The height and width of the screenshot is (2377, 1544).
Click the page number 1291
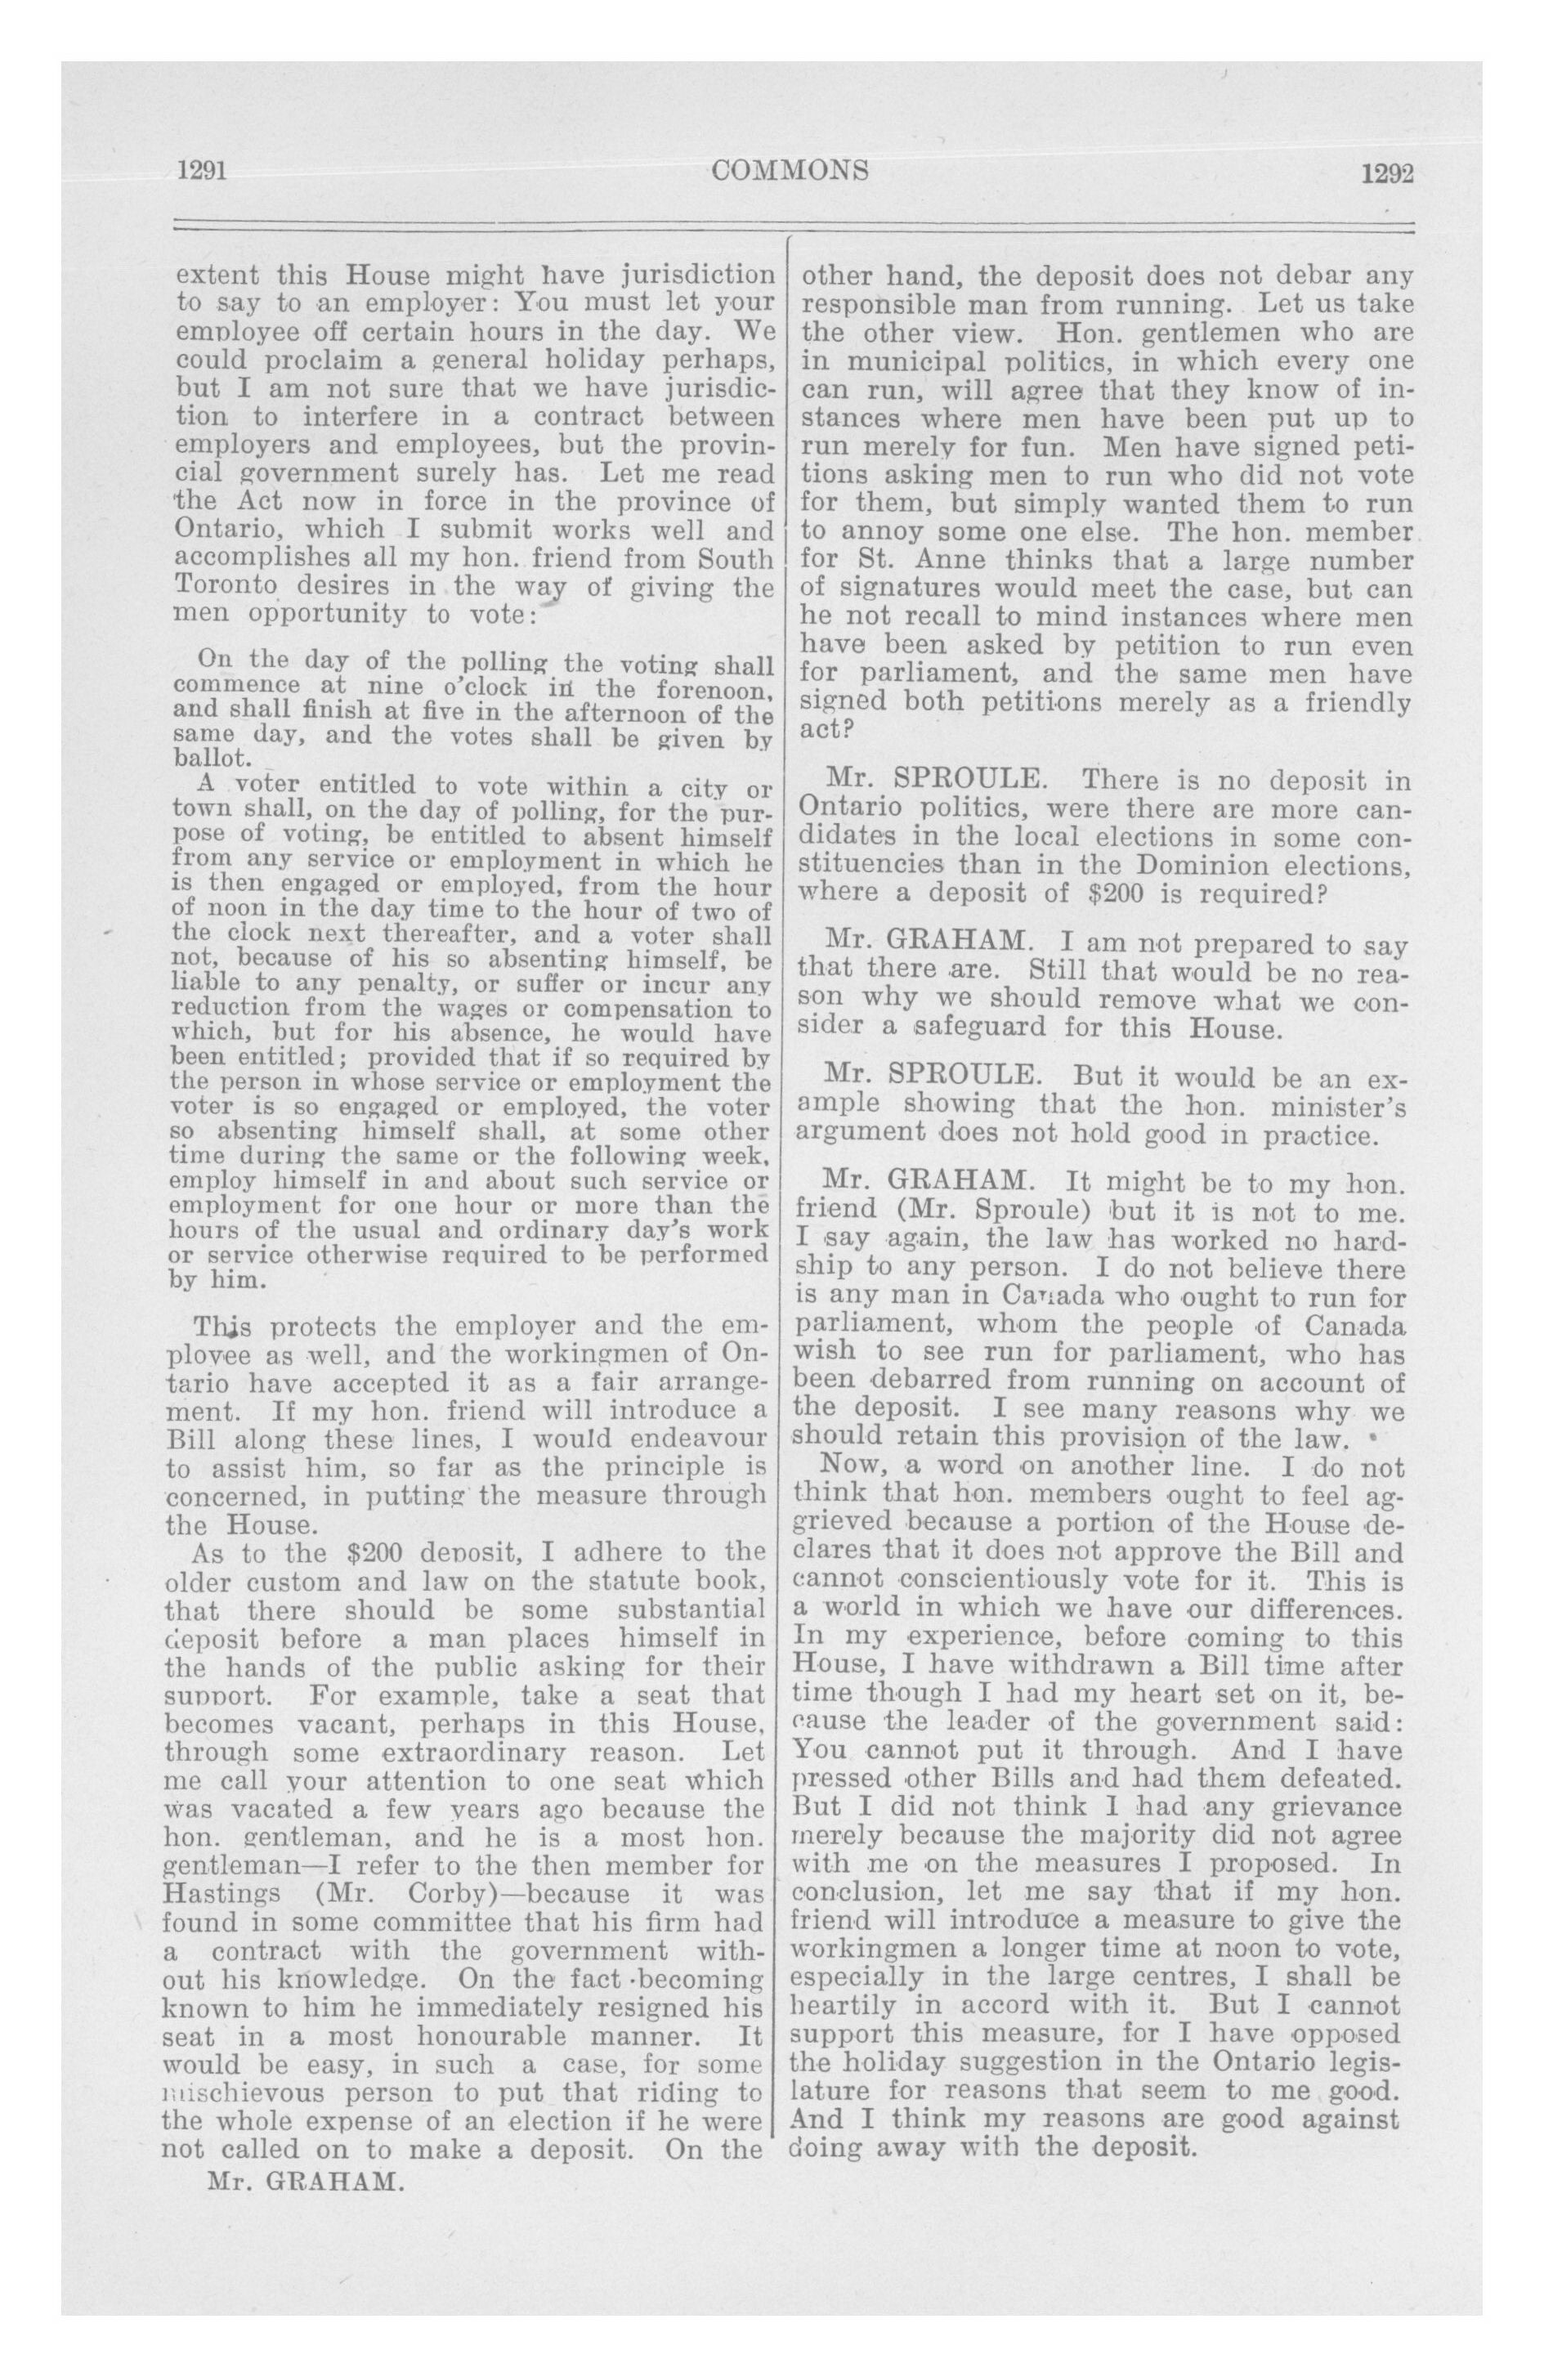pyautogui.click(x=204, y=171)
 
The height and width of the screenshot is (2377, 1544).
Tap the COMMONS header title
pyautogui.click(x=790, y=170)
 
